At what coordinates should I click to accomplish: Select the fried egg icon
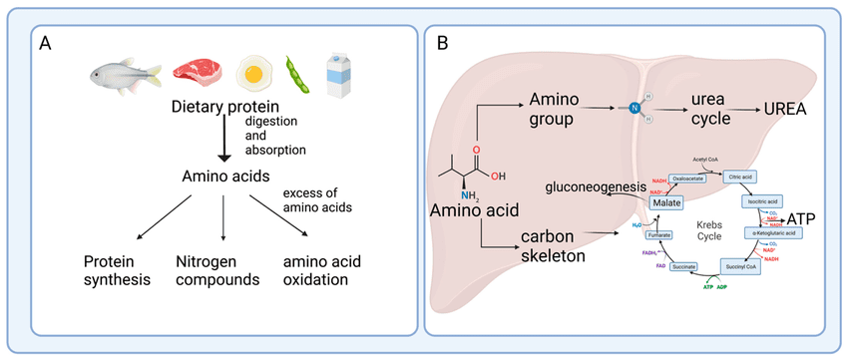pyautogui.click(x=254, y=74)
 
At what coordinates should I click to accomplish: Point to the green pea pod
pyautogui.click(x=297, y=74)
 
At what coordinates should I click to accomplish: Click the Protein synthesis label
pyautogui.click(x=117, y=268)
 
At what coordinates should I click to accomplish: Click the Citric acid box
pyautogui.click(x=742, y=175)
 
